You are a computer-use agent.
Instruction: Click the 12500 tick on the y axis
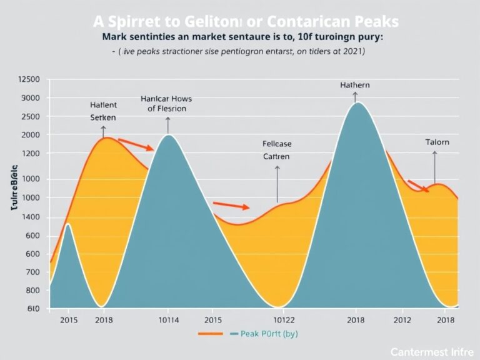point(29,79)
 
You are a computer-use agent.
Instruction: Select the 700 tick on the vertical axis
point(31,272)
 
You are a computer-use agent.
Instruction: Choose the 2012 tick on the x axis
point(402,320)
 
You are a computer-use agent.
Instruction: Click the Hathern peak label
point(354,84)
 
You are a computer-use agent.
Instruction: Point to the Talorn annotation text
point(437,142)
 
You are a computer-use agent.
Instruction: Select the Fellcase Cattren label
point(276,150)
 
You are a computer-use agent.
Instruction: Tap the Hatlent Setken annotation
point(103,111)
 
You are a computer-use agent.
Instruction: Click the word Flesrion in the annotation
point(167,108)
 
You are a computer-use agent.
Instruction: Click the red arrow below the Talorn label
point(417,186)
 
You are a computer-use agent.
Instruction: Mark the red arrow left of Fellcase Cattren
point(231,205)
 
